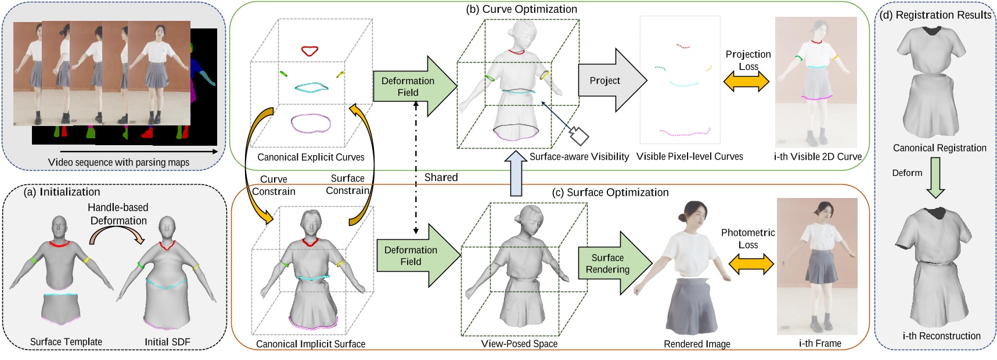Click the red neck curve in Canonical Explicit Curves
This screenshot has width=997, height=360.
click(x=309, y=51)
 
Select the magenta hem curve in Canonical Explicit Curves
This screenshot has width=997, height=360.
click(x=311, y=123)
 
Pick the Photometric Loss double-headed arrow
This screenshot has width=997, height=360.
click(x=751, y=264)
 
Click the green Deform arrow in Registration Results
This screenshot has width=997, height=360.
click(x=935, y=178)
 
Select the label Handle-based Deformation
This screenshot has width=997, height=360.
click(x=118, y=214)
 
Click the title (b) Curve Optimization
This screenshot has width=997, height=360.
click(x=521, y=9)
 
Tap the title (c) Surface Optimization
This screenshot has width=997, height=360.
click(x=610, y=192)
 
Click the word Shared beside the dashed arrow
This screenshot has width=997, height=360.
click(x=441, y=177)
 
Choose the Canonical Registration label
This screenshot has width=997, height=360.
click(x=939, y=148)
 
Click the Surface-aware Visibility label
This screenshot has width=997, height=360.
click(x=578, y=156)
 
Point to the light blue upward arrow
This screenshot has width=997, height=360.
click(x=514, y=173)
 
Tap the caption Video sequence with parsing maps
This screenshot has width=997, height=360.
click(x=118, y=162)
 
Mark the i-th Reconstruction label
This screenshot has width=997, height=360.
click(x=941, y=336)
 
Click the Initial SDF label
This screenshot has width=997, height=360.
click(x=167, y=342)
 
